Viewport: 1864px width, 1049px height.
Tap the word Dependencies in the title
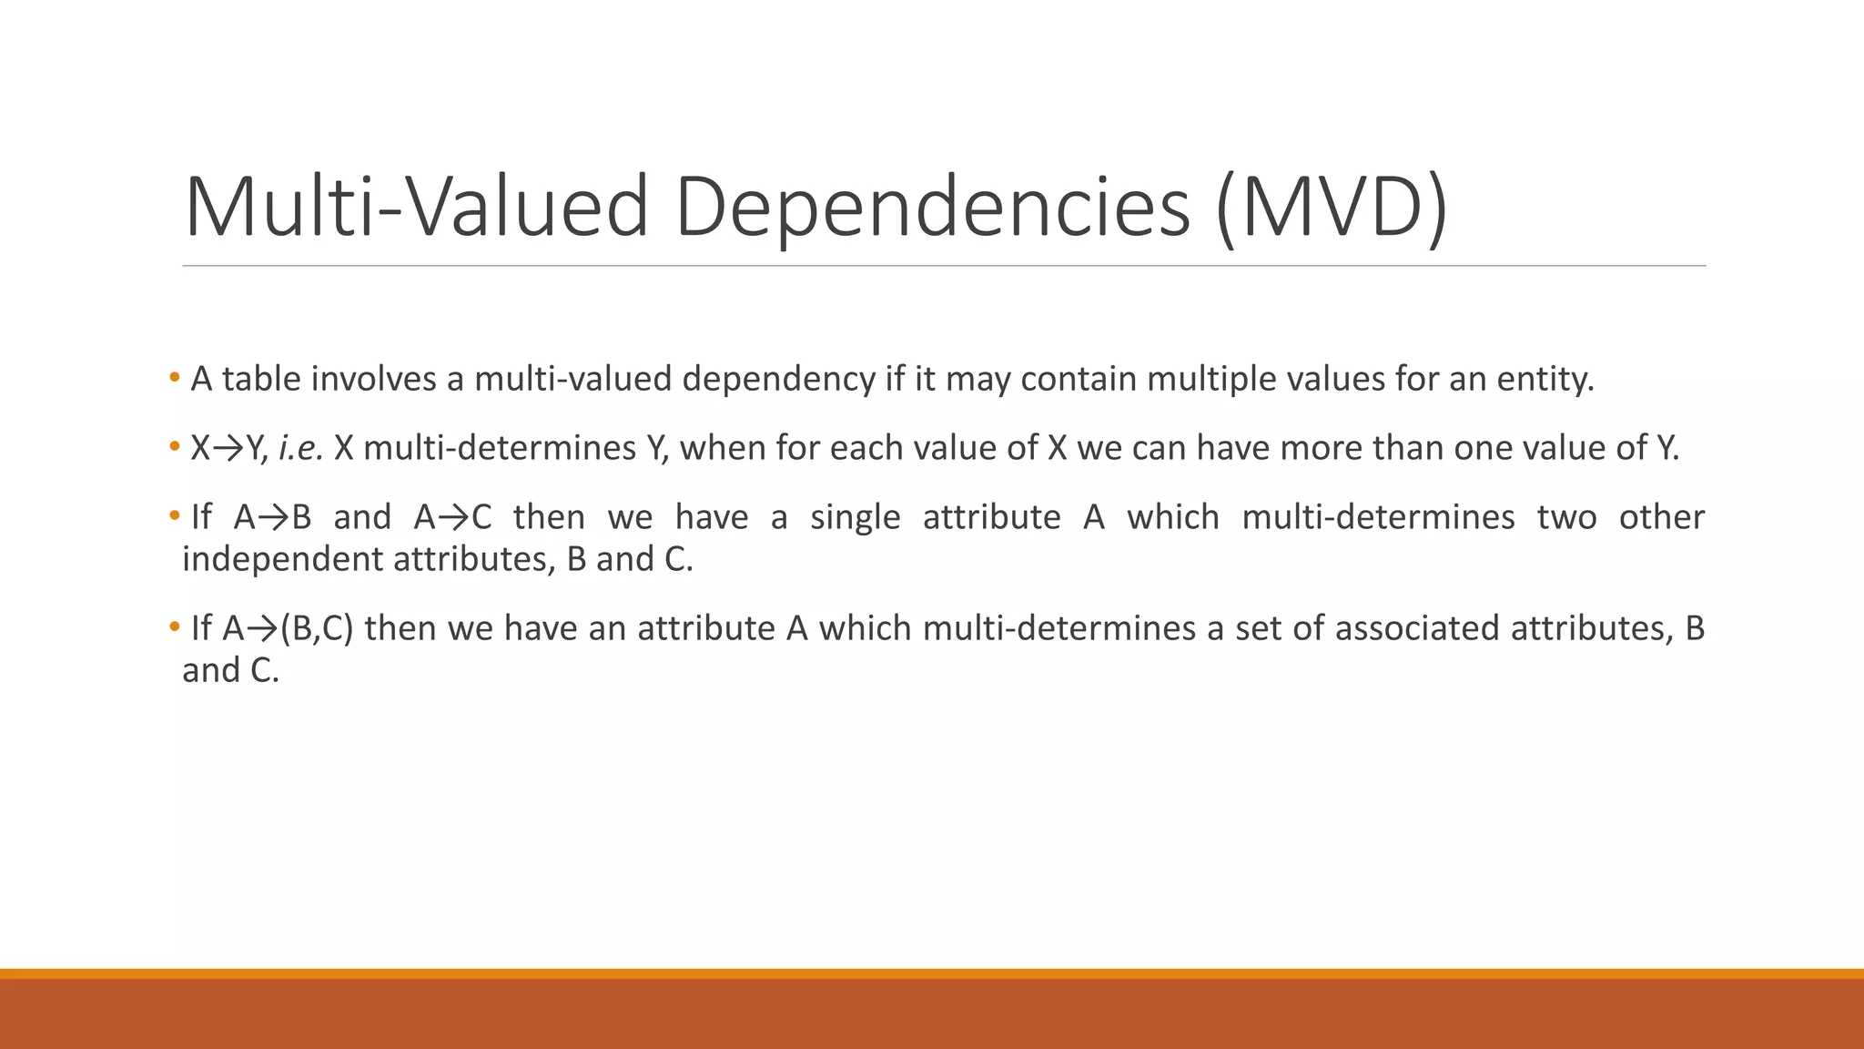click(x=932, y=208)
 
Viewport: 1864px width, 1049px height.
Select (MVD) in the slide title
click(x=1332, y=208)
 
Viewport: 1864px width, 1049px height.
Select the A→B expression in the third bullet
click(x=272, y=517)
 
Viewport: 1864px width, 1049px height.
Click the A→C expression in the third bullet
click(x=452, y=517)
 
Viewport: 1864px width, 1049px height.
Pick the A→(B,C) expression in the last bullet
click(x=288, y=628)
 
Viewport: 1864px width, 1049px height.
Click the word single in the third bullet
click(x=855, y=517)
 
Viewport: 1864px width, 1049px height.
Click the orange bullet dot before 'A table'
click(x=174, y=378)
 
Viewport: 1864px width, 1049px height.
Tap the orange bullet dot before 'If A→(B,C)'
click(x=174, y=627)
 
